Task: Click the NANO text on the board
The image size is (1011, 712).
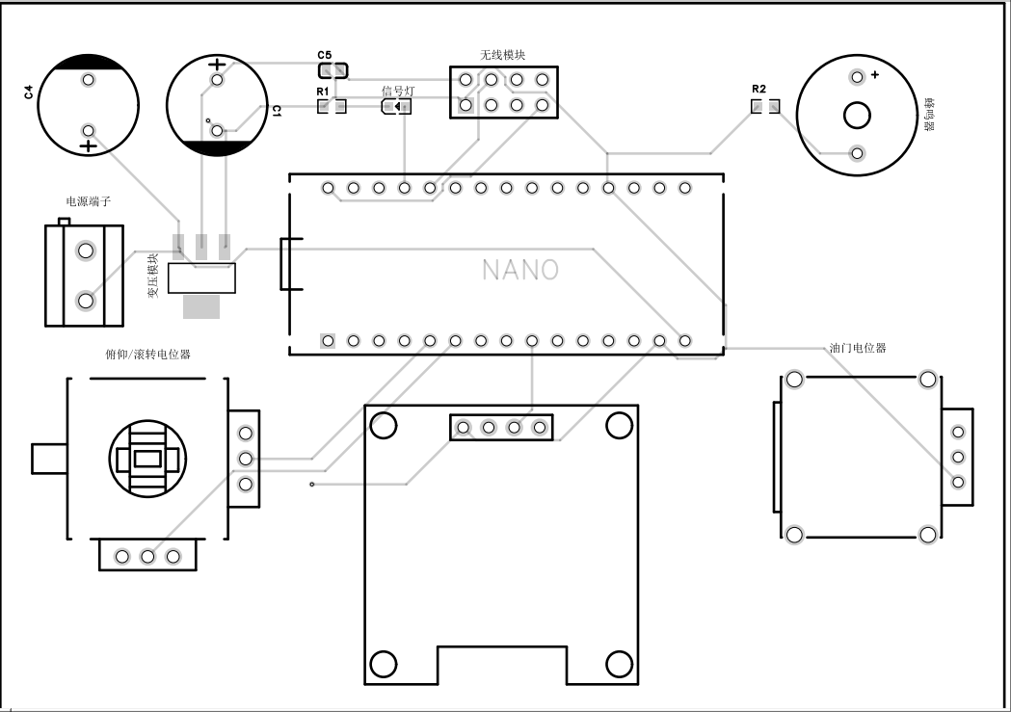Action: point(520,270)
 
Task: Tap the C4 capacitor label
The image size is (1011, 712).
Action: point(28,92)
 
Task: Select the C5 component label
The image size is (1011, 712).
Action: point(324,56)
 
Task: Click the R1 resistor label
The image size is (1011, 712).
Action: point(323,92)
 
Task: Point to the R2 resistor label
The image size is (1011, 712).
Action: point(758,90)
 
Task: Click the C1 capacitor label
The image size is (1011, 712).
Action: point(276,112)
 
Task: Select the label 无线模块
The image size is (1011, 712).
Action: point(502,55)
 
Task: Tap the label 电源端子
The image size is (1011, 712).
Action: point(89,202)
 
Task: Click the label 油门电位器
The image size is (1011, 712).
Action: point(857,348)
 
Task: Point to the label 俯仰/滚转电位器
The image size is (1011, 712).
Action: point(147,355)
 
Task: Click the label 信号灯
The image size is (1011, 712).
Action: point(398,91)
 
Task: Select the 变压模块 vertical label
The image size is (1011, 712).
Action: point(152,277)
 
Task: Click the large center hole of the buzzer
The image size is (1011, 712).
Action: point(857,116)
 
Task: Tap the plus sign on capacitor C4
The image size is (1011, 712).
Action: point(88,146)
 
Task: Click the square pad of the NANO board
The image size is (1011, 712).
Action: point(328,340)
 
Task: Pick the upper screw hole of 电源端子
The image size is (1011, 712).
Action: point(86,251)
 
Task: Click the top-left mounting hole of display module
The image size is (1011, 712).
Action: point(384,424)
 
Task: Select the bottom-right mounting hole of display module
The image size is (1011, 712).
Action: point(619,664)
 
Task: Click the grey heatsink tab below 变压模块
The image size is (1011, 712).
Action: point(201,306)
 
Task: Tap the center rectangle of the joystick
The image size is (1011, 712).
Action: point(147,459)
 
